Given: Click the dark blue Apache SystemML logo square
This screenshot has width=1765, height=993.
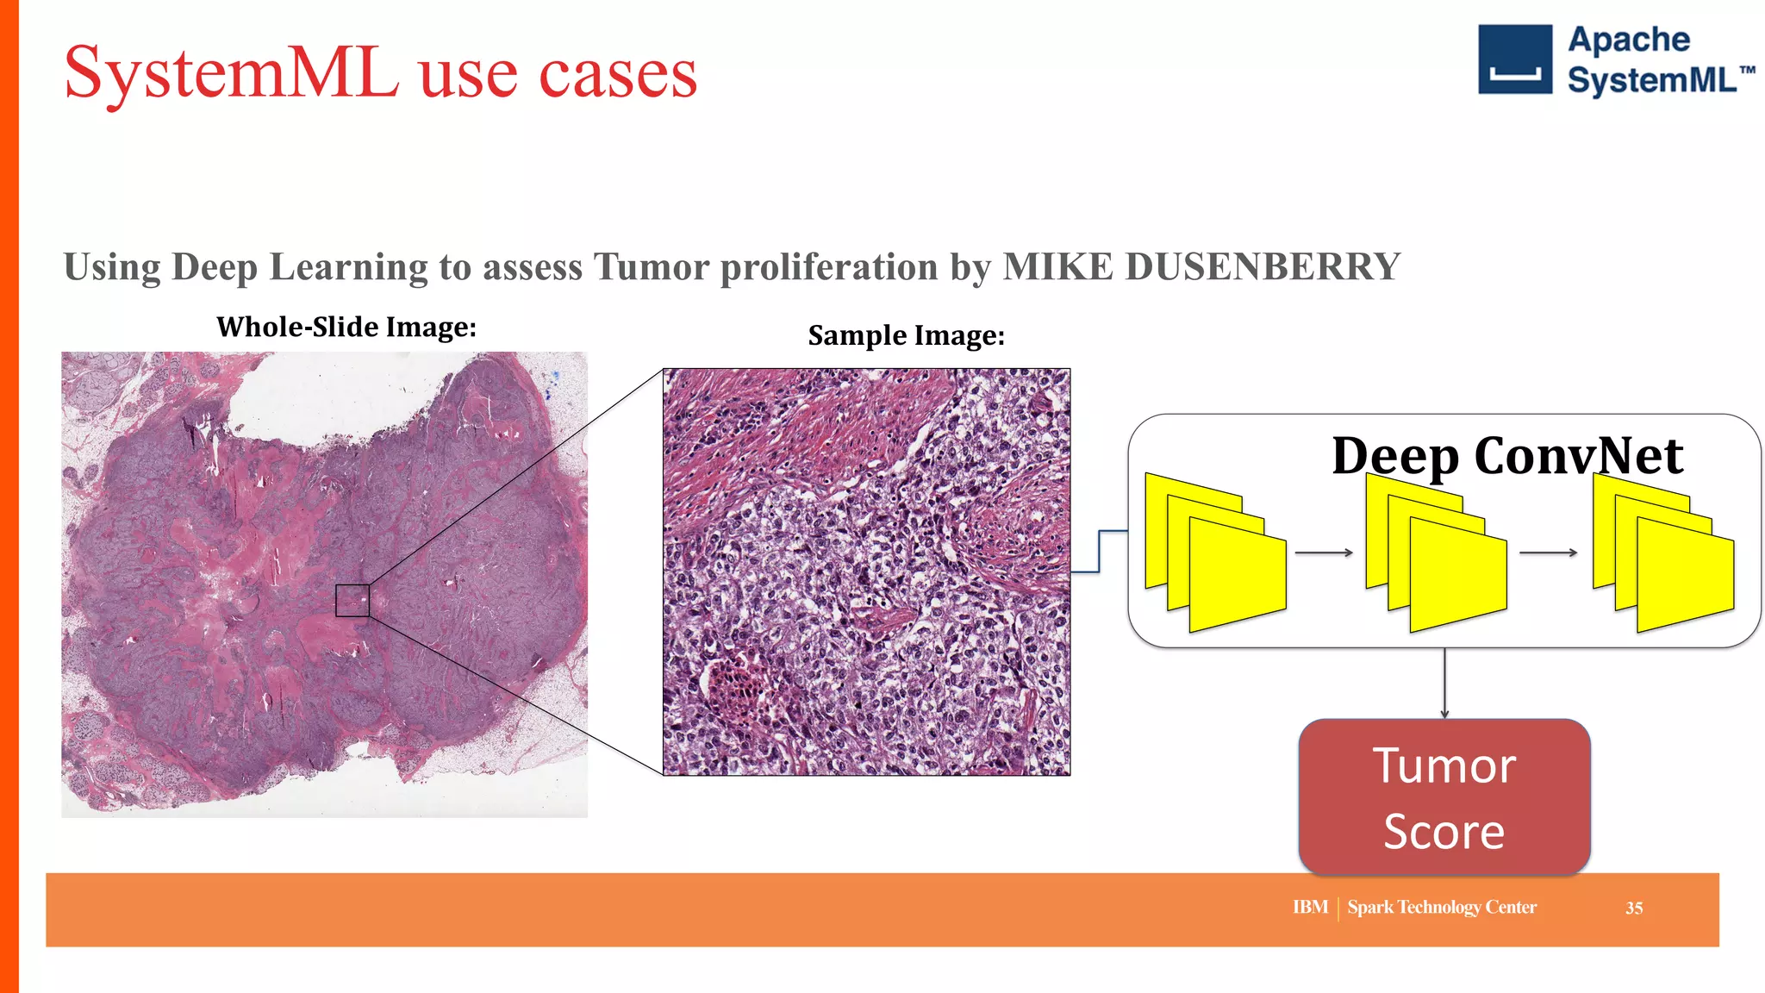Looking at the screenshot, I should coord(1514,59).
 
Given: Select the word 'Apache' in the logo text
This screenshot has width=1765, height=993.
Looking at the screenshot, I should coord(1628,40).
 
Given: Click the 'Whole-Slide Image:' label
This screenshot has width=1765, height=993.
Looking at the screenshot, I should coord(346,327).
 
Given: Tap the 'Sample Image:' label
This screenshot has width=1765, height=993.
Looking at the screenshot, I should coord(906,335).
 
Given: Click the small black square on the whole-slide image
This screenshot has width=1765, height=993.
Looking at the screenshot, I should coord(352,600).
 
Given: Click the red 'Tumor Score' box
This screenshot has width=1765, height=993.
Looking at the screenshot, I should coord(1444,797).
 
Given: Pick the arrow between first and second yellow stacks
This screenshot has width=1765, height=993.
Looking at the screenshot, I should coord(1324,553).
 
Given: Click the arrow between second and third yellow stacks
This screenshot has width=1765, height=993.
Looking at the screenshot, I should coord(1548,553).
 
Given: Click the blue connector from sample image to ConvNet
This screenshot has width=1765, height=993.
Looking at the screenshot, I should coord(1100,552).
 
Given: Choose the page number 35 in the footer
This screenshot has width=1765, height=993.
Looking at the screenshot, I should coord(1633,908).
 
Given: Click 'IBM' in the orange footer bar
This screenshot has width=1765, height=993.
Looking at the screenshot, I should coord(1309,907).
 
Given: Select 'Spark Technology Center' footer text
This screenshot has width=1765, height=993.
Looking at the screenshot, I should coord(1441,907).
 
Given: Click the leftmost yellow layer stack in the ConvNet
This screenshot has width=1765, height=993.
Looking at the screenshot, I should coord(1215,553).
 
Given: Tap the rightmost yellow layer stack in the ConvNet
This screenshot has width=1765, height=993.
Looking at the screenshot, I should coord(1663,553).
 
